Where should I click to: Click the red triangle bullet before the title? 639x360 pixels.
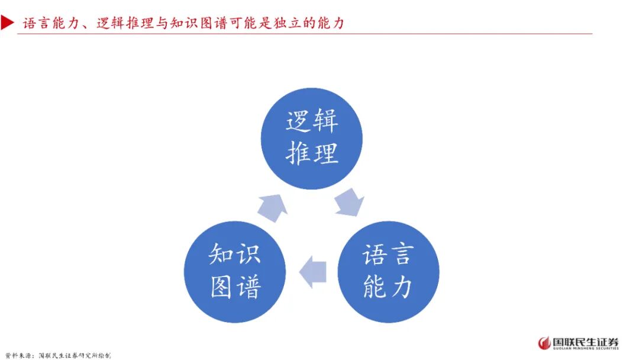coord(8,23)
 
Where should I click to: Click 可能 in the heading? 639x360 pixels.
coord(242,24)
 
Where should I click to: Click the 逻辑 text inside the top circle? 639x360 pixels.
coord(312,121)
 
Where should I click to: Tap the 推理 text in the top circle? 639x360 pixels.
coord(312,153)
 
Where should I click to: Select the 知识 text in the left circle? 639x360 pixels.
coord(235,255)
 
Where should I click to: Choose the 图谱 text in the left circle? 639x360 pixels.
coord(235,287)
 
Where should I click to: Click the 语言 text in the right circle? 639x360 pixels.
coord(388,255)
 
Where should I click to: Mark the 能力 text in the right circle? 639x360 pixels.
coord(388,287)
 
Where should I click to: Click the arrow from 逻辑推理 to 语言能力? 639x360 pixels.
coord(349,201)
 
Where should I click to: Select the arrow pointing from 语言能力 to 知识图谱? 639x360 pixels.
coord(312,272)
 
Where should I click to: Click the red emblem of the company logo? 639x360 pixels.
coord(544,343)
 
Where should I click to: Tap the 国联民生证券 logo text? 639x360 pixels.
coord(586,341)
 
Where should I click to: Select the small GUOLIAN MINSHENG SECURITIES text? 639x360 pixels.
coord(586,349)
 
